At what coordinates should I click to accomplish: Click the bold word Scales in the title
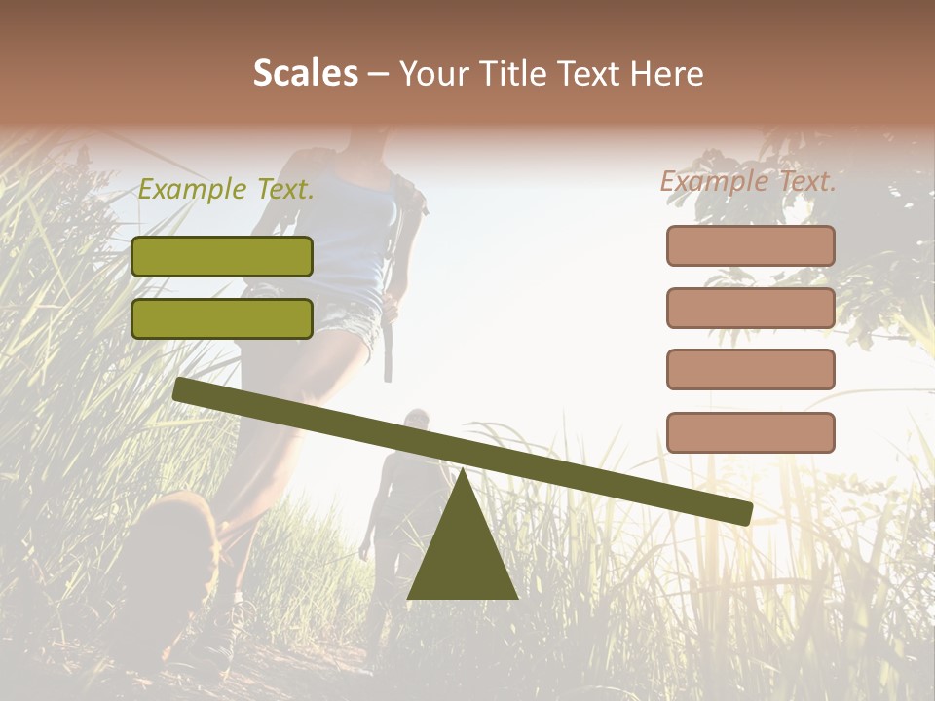point(306,73)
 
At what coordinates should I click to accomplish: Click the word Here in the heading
point(665,73)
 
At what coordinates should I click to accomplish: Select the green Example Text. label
point(226,190)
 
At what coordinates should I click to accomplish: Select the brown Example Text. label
point(749,181)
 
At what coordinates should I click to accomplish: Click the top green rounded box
point(222,256)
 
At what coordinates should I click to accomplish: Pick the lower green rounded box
point(222,318)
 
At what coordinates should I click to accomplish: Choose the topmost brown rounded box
point(751,245)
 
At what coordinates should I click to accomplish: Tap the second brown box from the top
point(751,308)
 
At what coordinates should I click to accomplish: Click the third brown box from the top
point(751,369)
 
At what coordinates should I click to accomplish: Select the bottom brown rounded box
point(751,432)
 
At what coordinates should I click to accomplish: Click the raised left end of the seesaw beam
point(185,390)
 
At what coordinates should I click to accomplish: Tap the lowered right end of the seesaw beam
point(740,511)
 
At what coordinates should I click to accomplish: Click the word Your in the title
point(434,73)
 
